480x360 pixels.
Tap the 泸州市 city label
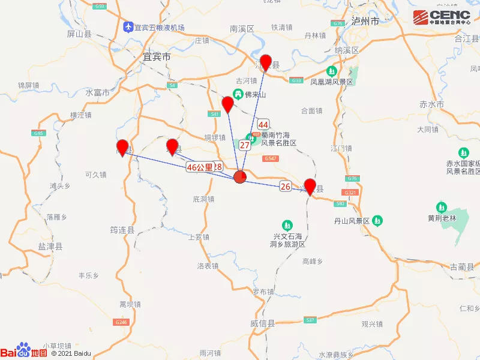366,21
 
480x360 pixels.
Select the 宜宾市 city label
157,57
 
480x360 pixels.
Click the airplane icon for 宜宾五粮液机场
127,27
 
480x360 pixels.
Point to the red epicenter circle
239,176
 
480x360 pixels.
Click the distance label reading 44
263,124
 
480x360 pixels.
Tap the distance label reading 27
245,145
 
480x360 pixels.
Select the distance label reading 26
286,187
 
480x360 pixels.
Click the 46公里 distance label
200,167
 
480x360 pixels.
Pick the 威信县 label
262,323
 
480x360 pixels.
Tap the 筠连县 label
122,229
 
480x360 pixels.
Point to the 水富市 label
97,93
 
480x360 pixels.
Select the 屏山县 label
79,34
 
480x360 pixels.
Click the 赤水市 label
431,104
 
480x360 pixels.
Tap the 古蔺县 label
462,266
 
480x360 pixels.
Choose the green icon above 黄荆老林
442,206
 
